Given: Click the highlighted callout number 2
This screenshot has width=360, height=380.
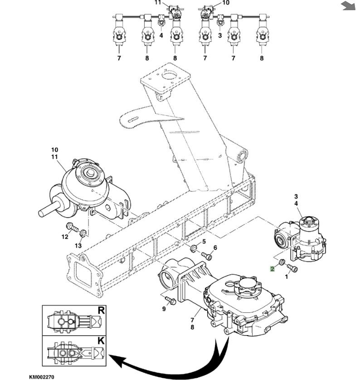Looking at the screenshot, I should tap(272, 269).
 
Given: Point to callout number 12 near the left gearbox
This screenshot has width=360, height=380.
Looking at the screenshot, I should tap(64, 236).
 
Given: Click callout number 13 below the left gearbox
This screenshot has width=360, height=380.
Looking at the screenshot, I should tap(78, 245).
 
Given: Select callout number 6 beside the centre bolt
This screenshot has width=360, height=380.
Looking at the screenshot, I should tap(215, 247).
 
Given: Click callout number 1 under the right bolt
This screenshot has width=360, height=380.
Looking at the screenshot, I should tap(287, 276).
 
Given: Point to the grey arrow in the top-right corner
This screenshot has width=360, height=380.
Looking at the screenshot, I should tap(348, 5).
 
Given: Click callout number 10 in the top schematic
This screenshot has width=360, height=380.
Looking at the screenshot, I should tap(226, 3).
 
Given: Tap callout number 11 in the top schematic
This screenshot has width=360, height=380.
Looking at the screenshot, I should tap(157, 2).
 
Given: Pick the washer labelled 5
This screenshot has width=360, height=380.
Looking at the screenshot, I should tap(194, 248).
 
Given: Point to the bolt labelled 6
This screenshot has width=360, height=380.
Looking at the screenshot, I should tap(206, 256).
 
